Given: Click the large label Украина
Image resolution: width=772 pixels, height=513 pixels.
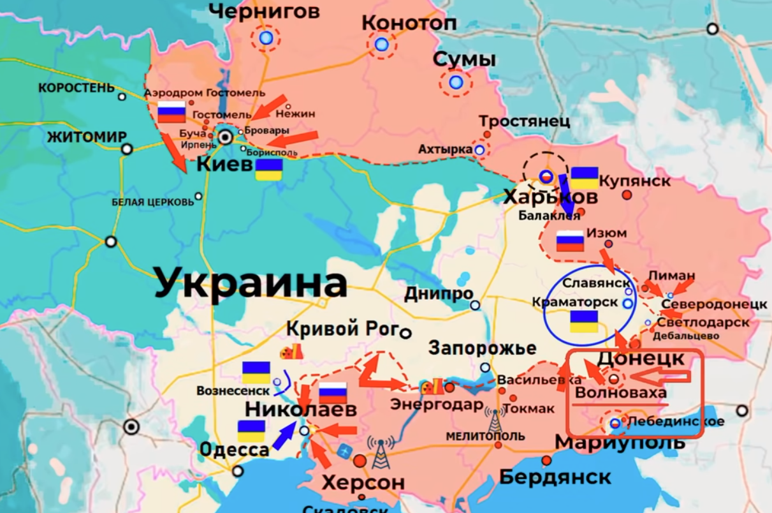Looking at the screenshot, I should [x=251, y=282].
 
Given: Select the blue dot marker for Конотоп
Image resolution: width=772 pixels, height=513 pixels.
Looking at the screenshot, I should [x=381, y=45].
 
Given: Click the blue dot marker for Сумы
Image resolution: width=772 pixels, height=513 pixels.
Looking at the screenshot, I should [x=455, y=82].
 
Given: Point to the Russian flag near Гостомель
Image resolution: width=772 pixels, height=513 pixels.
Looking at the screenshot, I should [x=171, y=112].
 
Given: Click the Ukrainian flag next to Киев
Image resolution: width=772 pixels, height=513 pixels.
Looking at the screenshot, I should [x=269, y=170].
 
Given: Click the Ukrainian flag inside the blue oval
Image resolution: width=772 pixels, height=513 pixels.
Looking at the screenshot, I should [x=583, y=322].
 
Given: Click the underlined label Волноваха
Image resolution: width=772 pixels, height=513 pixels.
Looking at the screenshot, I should [x=621, y=393].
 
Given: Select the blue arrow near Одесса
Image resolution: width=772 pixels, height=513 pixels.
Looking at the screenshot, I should [x=284, y=436].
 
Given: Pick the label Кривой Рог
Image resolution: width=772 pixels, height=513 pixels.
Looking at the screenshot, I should [x=341, y=329].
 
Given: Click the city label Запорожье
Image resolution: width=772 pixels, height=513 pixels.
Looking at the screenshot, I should [x=482, y=348].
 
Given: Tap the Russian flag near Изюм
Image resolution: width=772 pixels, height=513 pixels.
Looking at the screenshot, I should [x=570, y=241].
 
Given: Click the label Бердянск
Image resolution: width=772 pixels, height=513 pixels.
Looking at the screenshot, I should [x=555, y=477].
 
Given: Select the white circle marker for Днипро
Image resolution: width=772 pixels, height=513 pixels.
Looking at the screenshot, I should [x=475, y=306].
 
